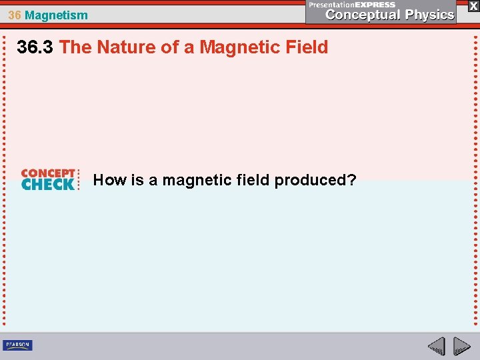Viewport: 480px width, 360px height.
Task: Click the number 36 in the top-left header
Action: pos(15,15)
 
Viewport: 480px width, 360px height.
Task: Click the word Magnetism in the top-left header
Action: pos(56,15)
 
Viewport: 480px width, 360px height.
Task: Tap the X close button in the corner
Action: pos(473,5)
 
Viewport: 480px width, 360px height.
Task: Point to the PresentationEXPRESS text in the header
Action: pos(352,4)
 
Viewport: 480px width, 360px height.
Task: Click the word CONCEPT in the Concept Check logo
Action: pos(48,173)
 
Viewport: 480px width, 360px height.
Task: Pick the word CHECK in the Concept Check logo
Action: pos(48,185)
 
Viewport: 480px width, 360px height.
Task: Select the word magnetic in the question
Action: pos(195,180)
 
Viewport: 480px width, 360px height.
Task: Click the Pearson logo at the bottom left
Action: pos(17,345)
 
